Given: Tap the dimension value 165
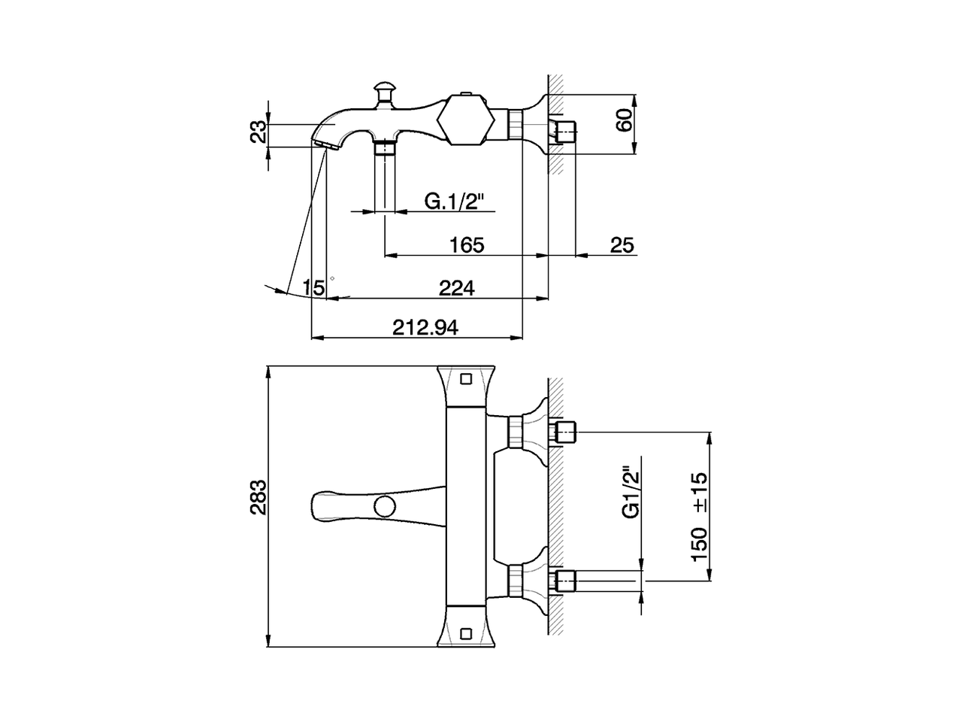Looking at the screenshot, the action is tap(467, 245).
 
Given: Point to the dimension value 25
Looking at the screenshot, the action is tap(622, 245).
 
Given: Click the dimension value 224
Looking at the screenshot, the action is tap(457, 289).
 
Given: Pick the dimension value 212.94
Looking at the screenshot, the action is tap(425, 327).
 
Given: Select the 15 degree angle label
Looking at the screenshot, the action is tap(314, 288).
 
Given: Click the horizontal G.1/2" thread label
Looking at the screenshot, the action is tap(455, 202).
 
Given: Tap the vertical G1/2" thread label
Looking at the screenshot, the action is tap(632, 492).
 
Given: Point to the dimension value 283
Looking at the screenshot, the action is tap(259, 497).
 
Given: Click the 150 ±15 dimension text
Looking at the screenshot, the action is tap(700, 517).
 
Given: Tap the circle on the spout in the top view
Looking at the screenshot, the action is tap(386, 506).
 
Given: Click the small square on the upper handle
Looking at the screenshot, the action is tap(466, 378).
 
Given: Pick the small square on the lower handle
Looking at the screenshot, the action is tap(466, 634).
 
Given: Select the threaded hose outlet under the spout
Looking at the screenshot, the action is tap(385, 147).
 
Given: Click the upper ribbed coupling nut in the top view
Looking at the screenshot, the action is tap(516, 432).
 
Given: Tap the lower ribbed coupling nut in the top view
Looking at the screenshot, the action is tap(516, 580).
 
